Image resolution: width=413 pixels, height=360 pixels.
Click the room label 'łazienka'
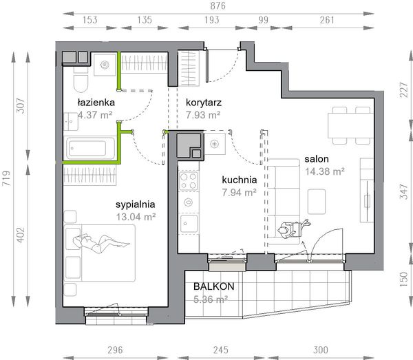(96, 102)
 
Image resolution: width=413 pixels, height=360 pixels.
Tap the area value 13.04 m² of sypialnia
(136, 217)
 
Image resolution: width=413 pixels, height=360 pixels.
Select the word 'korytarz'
(204, 103)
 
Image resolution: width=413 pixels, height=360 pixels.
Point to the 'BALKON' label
(214, 286)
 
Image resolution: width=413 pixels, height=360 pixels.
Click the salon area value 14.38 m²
(325, 171)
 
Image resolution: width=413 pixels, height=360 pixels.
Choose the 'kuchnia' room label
(239, 180)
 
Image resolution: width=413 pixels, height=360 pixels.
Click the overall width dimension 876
(218, 6)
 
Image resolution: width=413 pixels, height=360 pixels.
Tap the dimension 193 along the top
(212, 20)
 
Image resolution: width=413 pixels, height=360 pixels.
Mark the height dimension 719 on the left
(6, 178)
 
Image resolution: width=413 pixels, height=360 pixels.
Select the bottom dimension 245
(221, 350)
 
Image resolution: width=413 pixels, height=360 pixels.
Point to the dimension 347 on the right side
(403, 191)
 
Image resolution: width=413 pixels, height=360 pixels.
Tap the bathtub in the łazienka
(90, 148)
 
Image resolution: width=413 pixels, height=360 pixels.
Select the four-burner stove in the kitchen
(189, 181)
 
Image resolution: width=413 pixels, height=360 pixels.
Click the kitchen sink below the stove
(189, 224)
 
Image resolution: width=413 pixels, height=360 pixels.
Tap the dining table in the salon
(350, 125)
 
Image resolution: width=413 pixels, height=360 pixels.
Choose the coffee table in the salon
(317, 202)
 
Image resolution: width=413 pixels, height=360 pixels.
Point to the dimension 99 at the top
(263, 20)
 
